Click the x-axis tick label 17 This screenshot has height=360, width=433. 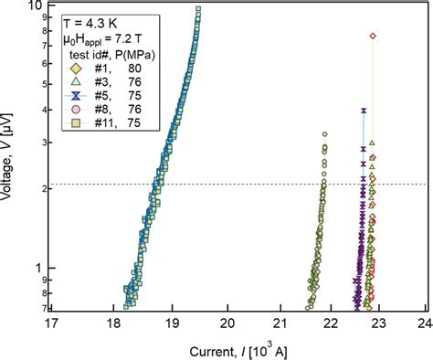pos(52,323)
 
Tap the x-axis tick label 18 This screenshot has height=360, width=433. pos(113,323)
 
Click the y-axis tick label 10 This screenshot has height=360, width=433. pos(36,6)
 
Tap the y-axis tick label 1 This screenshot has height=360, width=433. pos(38,268)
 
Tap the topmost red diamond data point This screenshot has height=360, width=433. pos(373,36)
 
